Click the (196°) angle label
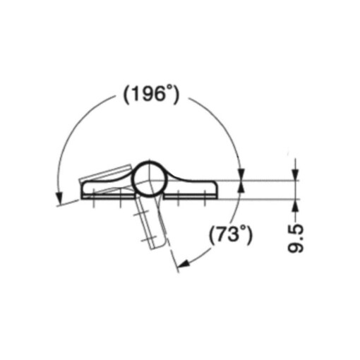pyautogui.click(x=149, y=95)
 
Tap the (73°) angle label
pyautogui.click(x=231, y=234)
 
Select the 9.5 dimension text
pyautogui.click(x=297, y=239)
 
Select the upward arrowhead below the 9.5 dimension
pyautogui.click(x=295, y=205)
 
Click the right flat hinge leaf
pyautogui.click(x=194, y=188)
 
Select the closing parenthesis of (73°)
pyautogui.click(x=249, y=234)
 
